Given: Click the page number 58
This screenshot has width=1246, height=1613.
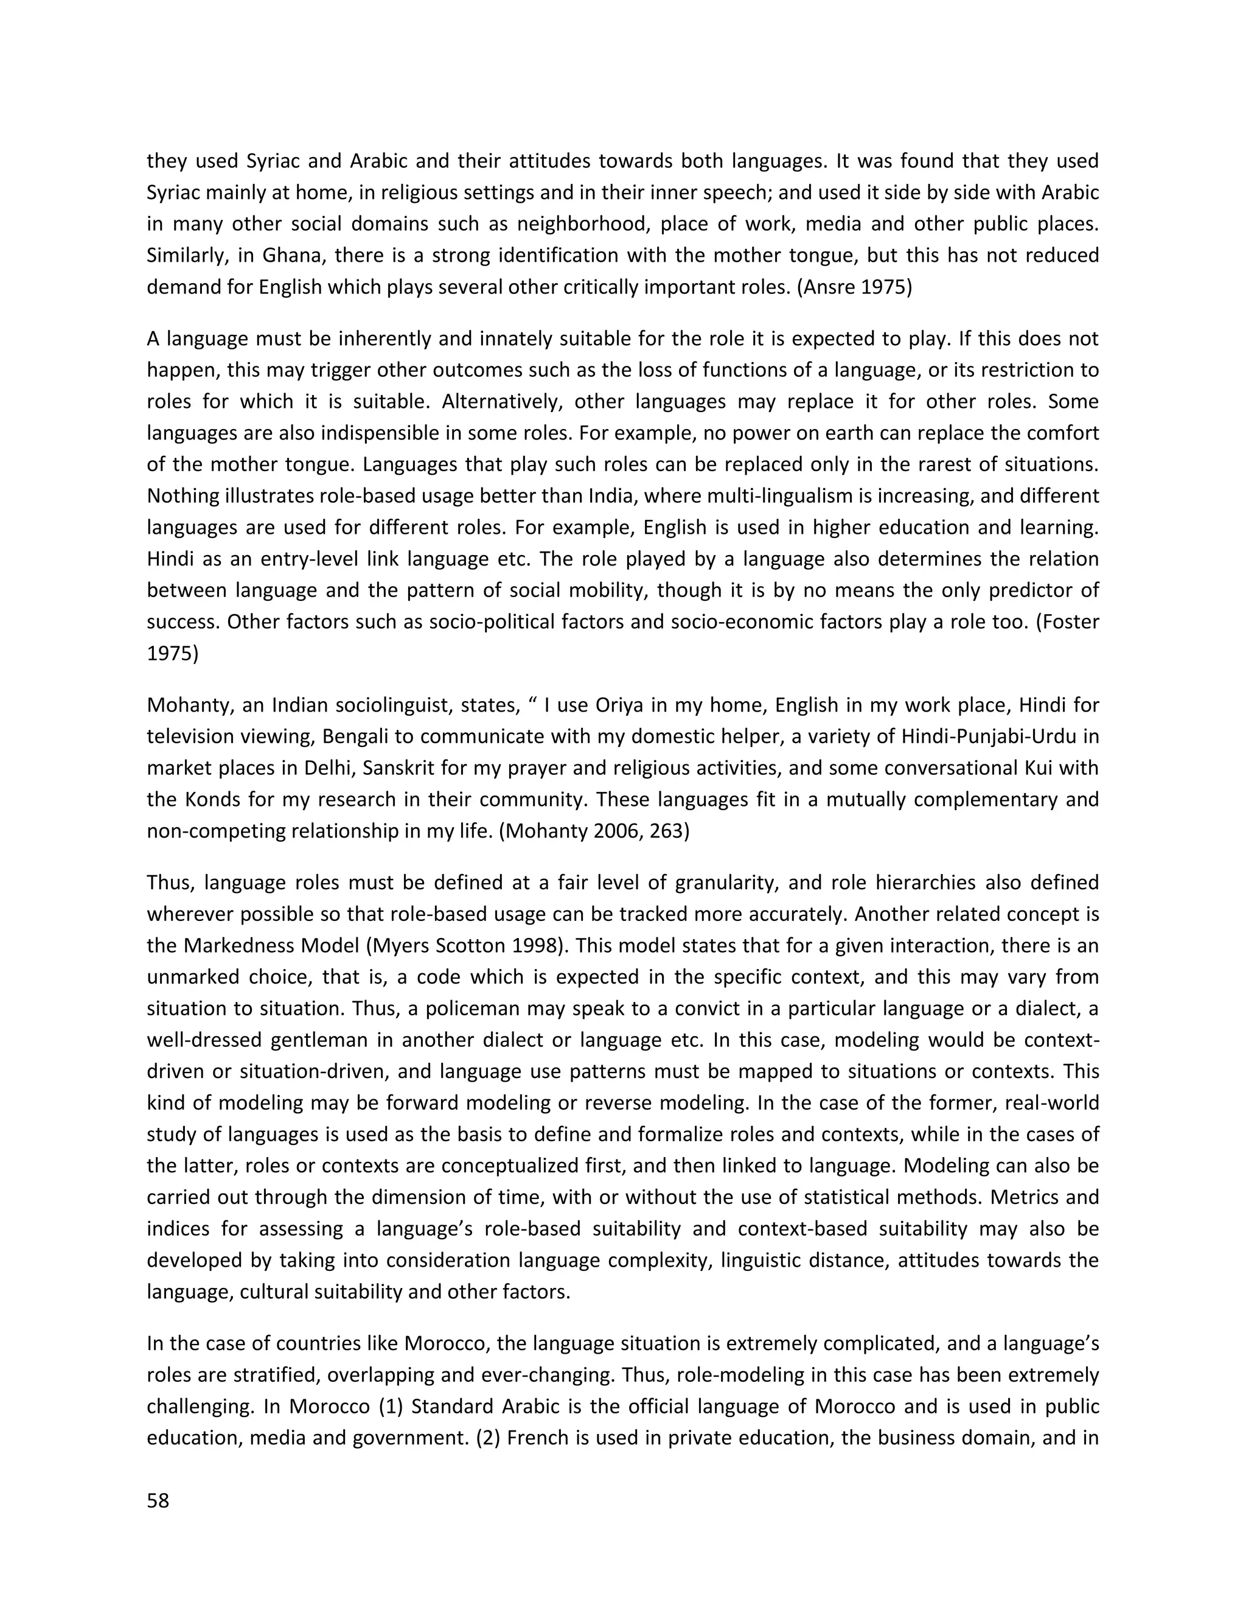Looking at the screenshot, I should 158,1501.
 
